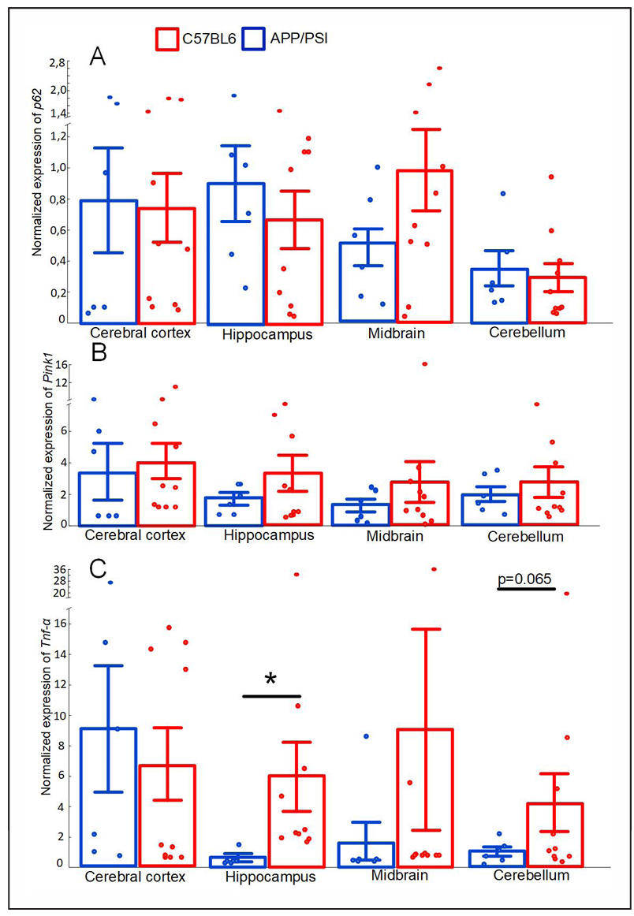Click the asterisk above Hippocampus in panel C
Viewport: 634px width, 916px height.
point(271,680)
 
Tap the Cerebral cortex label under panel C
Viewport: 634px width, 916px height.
point(138,876)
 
